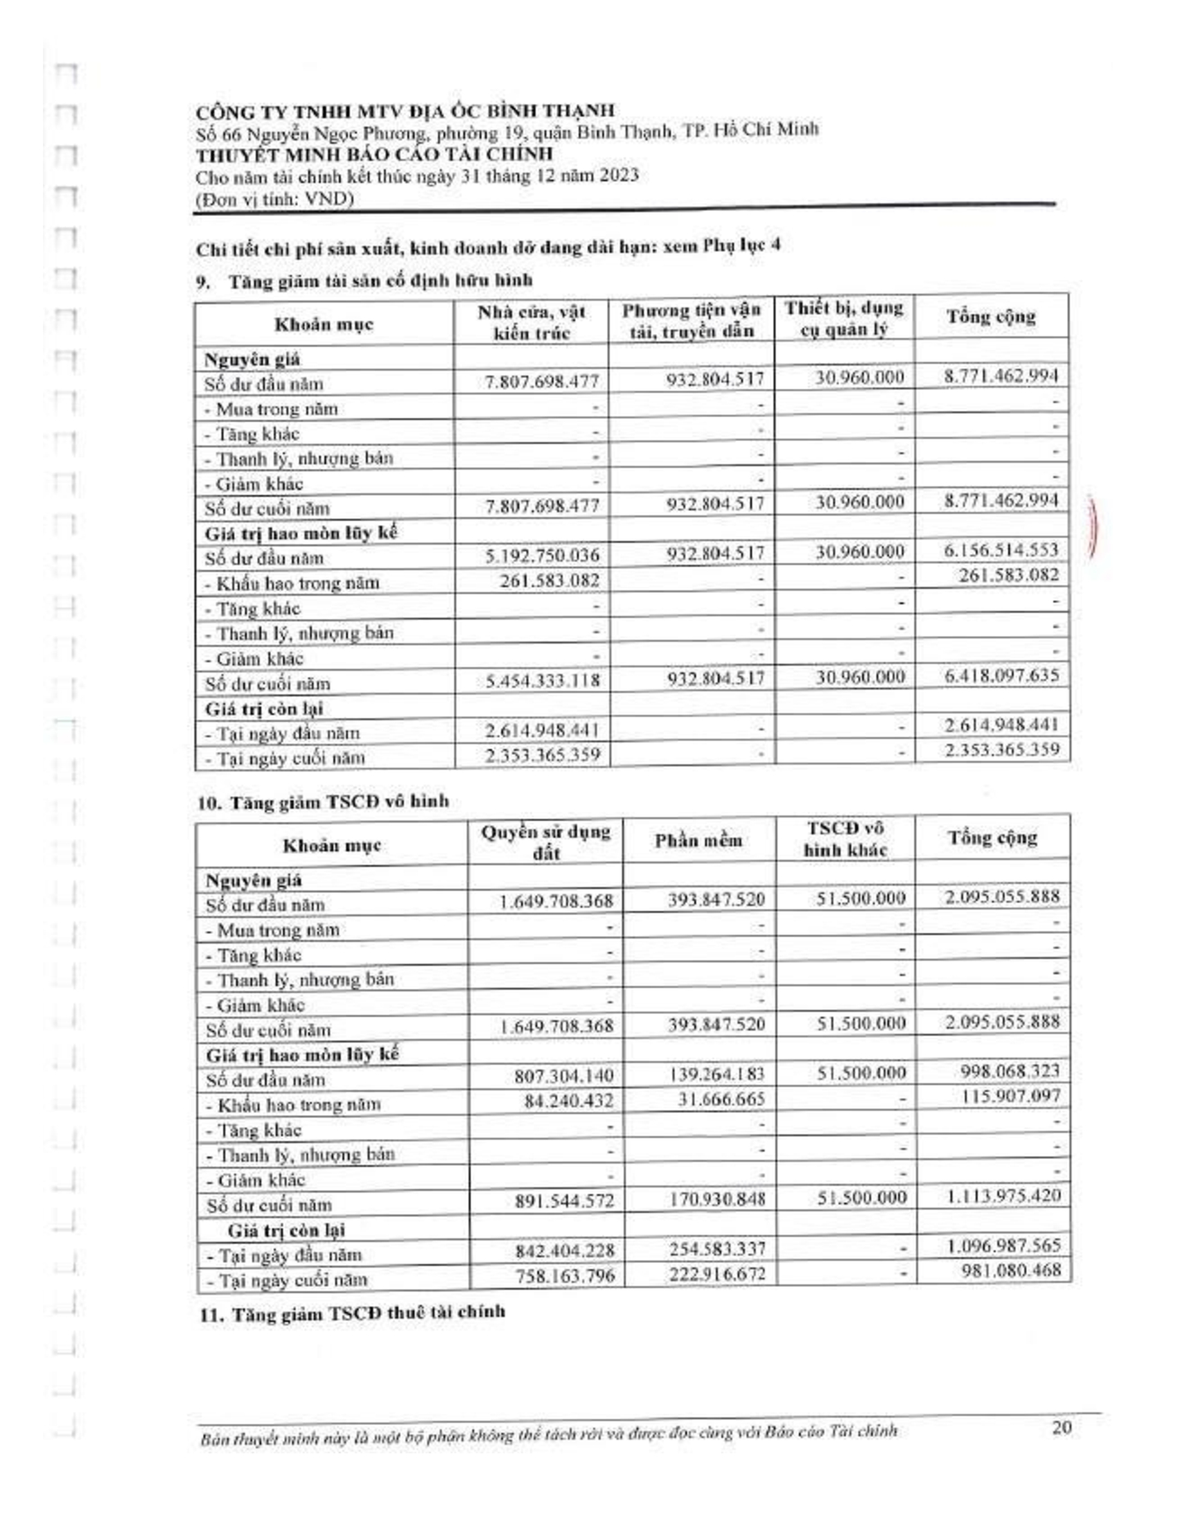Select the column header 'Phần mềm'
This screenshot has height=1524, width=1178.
698,841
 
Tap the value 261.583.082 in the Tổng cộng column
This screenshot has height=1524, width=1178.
1008,576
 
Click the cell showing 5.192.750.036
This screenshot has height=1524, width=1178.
543,556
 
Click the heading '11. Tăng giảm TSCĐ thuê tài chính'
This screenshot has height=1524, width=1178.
353,1313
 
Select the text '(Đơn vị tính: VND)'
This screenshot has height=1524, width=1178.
275,200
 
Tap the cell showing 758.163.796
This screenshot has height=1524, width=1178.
565,1276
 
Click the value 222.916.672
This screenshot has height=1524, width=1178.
717,1274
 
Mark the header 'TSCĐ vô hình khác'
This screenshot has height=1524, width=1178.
845,839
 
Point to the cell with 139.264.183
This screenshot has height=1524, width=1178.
717,1074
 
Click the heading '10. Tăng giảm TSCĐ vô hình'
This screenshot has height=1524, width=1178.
323,801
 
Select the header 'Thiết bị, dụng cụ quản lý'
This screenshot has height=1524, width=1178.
844,318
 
